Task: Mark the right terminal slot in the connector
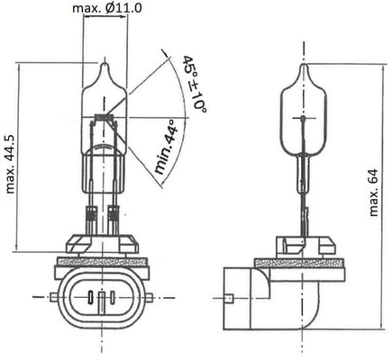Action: click(118, 298)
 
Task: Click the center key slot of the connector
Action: click(103, 298)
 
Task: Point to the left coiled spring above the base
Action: click(91, 217)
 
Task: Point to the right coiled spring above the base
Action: click(114, 217)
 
